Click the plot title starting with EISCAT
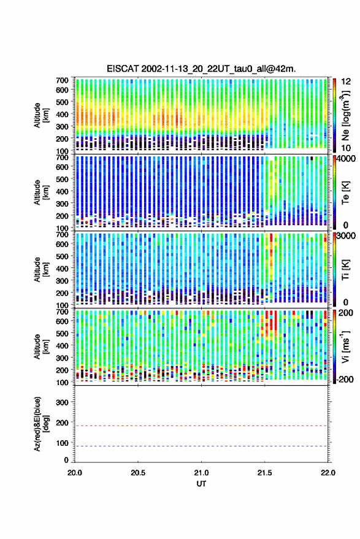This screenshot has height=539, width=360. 201,69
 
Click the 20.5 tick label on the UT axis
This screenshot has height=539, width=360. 138,473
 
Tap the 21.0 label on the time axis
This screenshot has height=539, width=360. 201,473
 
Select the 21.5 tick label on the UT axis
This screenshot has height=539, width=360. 264,473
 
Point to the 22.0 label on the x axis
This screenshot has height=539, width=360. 327,473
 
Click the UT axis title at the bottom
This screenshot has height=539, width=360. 201,484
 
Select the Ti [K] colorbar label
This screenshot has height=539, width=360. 345,270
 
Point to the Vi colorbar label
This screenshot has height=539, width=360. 345,346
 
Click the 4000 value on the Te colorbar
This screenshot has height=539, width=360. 346,159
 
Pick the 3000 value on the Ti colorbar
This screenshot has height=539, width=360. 346,236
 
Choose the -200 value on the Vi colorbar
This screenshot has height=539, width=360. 345,379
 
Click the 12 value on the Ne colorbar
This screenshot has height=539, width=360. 346,82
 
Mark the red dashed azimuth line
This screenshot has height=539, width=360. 201,426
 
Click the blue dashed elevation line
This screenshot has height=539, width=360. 201,446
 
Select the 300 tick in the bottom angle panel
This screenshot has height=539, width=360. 62,402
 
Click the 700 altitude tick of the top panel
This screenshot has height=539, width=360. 62,80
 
